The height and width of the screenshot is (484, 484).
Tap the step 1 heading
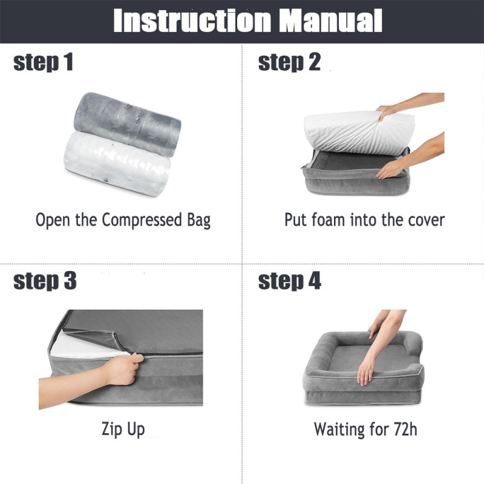[43, 62]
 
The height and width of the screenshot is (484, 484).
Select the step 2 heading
[289, 62]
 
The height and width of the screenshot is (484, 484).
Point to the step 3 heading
[45, 281]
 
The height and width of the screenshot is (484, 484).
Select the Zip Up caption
[123, 430]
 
